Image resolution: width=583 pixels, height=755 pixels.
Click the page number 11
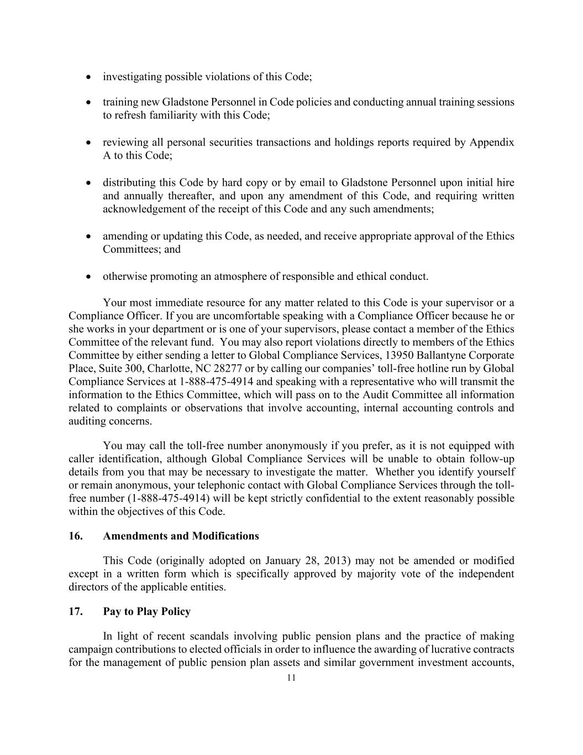pyautogui.click(x=291, y=678)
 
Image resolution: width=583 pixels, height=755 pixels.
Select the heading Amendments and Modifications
pyautogui.click(x=181, y=536)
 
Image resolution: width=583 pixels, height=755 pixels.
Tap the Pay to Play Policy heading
pyautogui.click(x=146, y=611)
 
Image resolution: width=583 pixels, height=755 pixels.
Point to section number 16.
pyautogui.click(x=75, y=536)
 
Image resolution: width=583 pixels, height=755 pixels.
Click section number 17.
pyautogui.click(x=75, y=611)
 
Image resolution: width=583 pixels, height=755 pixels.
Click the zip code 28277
pyautogui.click(x=265, y=368)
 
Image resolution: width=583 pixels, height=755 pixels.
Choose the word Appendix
pyautogui.click(x=492, y=142)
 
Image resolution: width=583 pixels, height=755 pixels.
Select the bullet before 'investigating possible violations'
pyautogui.click(x=88, y=77)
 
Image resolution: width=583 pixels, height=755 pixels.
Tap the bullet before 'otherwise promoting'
pyautogui.click(x=88, y=277)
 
